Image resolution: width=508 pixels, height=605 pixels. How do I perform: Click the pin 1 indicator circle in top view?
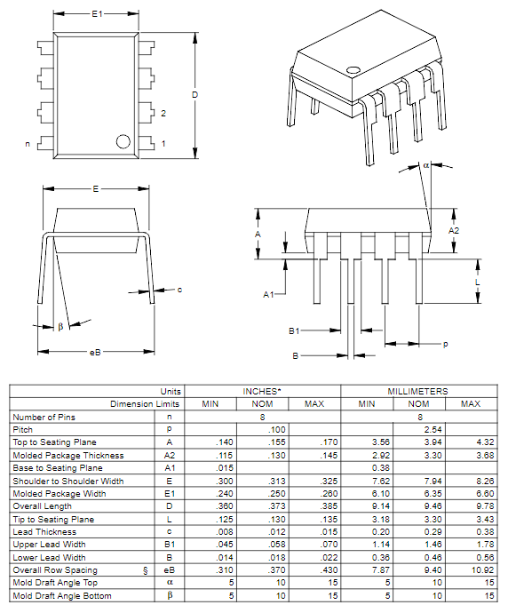pos(123,140)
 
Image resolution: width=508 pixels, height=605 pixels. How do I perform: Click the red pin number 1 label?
pos(163,144)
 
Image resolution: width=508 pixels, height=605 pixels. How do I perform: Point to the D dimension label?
pos(194,95)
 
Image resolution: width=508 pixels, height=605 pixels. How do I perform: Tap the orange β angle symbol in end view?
pos(60,327)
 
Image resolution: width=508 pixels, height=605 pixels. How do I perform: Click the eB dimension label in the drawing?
pos(96,353)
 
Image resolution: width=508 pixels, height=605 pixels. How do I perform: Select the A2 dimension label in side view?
pos(454,230)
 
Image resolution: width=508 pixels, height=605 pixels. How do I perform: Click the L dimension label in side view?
pos(477,283)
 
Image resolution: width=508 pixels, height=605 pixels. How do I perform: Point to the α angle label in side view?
pos(425,165)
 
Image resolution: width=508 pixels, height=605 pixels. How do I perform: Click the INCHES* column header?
pos(263,391)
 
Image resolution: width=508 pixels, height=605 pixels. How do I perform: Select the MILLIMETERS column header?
pos(418,391)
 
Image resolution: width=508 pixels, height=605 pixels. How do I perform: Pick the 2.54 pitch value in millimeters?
pos(418,429)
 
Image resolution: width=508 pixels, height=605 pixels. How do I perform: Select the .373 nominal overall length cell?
pos(264,506)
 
